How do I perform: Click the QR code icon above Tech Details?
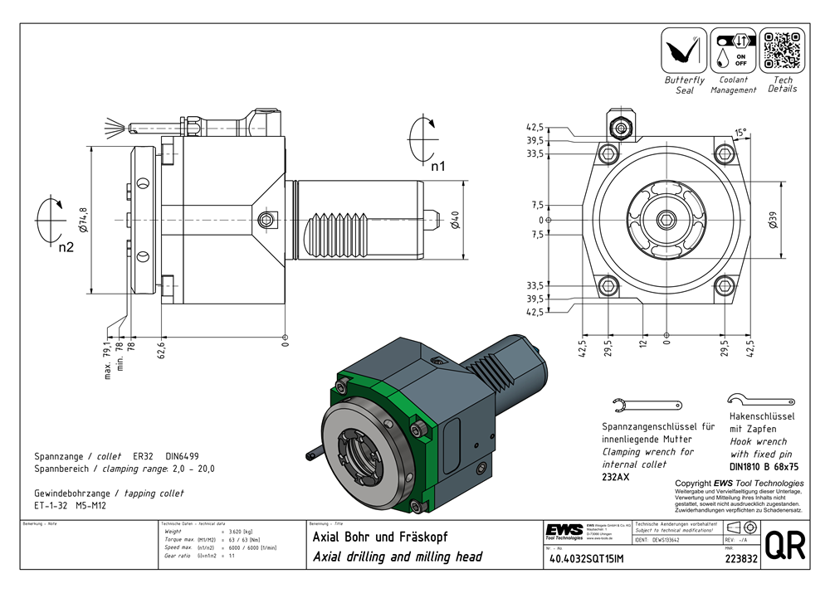(x=783, y=50)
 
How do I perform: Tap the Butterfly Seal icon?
(x=684, y=50)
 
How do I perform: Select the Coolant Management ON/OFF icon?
(x=733, y=50)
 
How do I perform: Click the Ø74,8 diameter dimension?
(x=83, y=221)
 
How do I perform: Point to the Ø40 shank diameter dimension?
(x=453, y=220)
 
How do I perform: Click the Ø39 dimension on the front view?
(x=773, y=221)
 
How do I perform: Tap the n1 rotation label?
(x=437, y=167)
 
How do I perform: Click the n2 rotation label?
(x=66, y=247)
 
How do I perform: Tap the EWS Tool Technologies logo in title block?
(x=564, y=531)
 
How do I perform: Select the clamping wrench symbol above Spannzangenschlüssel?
(x=637, y=406)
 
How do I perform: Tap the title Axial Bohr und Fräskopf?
(x=379, y=537)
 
